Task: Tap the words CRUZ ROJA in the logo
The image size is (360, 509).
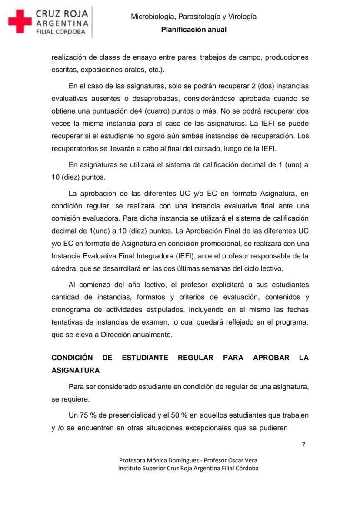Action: (x=62, y=13)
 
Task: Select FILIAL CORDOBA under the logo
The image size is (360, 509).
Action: (x=61, y=32)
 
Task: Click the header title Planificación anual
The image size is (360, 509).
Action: (x=193, y=30)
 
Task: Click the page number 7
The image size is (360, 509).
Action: (x=303, y=444)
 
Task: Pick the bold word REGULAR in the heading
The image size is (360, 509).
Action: (x=196, y=358)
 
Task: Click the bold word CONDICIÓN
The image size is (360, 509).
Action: (x=72, y=358)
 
